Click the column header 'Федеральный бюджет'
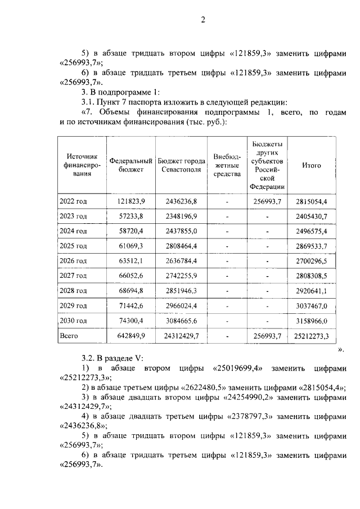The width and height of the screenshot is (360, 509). (131, 165)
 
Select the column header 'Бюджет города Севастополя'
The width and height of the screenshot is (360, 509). (179, 165)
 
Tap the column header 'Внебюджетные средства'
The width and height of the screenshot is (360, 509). (227, 165)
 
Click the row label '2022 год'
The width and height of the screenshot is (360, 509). (73, 201)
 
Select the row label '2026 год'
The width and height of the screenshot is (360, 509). (73, 261)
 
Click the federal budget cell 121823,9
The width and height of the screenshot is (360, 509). (131, 201)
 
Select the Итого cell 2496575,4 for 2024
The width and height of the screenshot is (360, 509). (311, 231)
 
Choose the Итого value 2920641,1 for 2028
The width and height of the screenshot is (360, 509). (311, 291)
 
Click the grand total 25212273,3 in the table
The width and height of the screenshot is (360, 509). (311, 336)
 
